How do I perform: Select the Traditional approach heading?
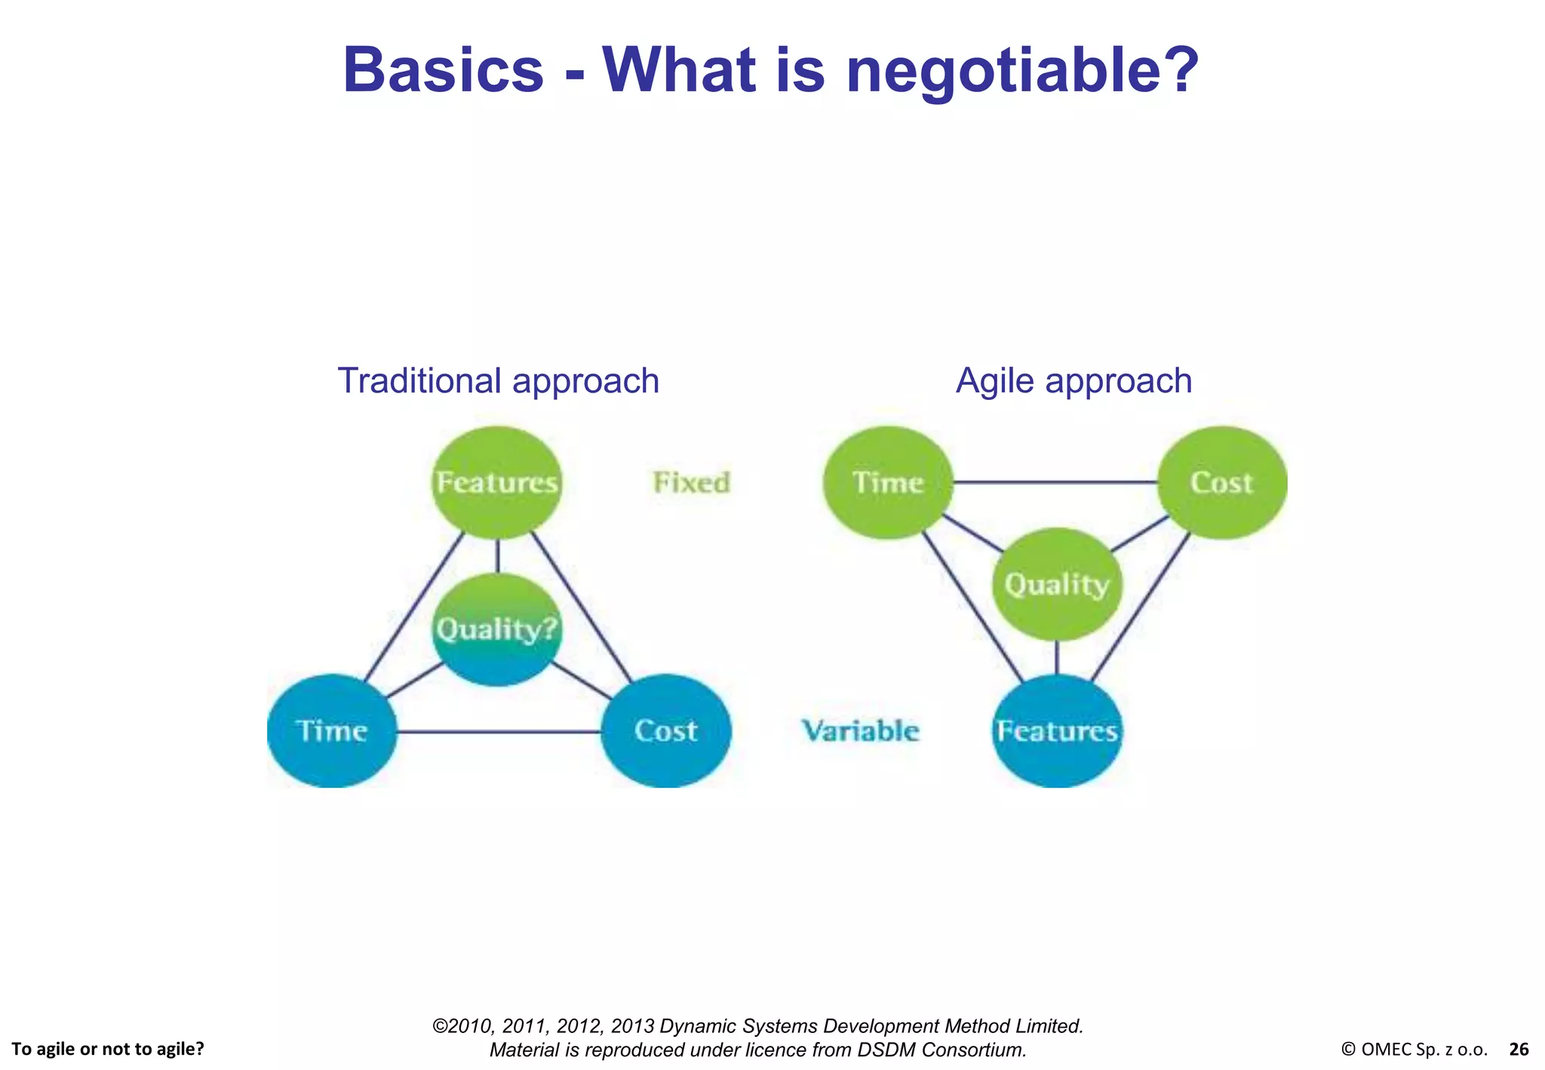tap(498, 380)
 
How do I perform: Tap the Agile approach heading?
tap(1074, 380)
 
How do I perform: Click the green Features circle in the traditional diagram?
tap(497, 482)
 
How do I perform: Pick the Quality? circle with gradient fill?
tap(497, 629)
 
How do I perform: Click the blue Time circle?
tap(332, 730)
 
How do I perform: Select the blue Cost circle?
tap(665, 730)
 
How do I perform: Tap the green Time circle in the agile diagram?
tap(888, 482)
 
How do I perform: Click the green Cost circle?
tap(1221, 482)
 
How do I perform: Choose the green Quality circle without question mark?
tap(1056, 584)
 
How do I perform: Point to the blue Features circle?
tap(1056, 730)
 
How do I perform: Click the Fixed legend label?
tap(691, 482)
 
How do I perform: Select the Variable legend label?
tap(860, 730)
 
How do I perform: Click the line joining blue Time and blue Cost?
tap(498, 731)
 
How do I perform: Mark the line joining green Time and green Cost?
tap(1055, 481)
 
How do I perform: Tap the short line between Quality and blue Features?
tap(1056, 657)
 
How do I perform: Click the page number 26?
tap(1519, 1049)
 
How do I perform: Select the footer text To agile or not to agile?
tap(108, 1049)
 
